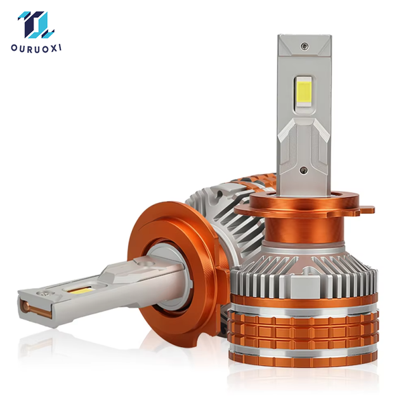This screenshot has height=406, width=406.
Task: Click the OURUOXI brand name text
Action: (36, 49)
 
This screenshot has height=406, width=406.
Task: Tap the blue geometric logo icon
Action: (36, 25)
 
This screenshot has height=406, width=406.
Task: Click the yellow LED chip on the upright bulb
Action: (304, 92)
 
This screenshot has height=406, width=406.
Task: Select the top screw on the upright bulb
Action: (304, 46)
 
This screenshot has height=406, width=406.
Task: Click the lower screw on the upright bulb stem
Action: (303, 170)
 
